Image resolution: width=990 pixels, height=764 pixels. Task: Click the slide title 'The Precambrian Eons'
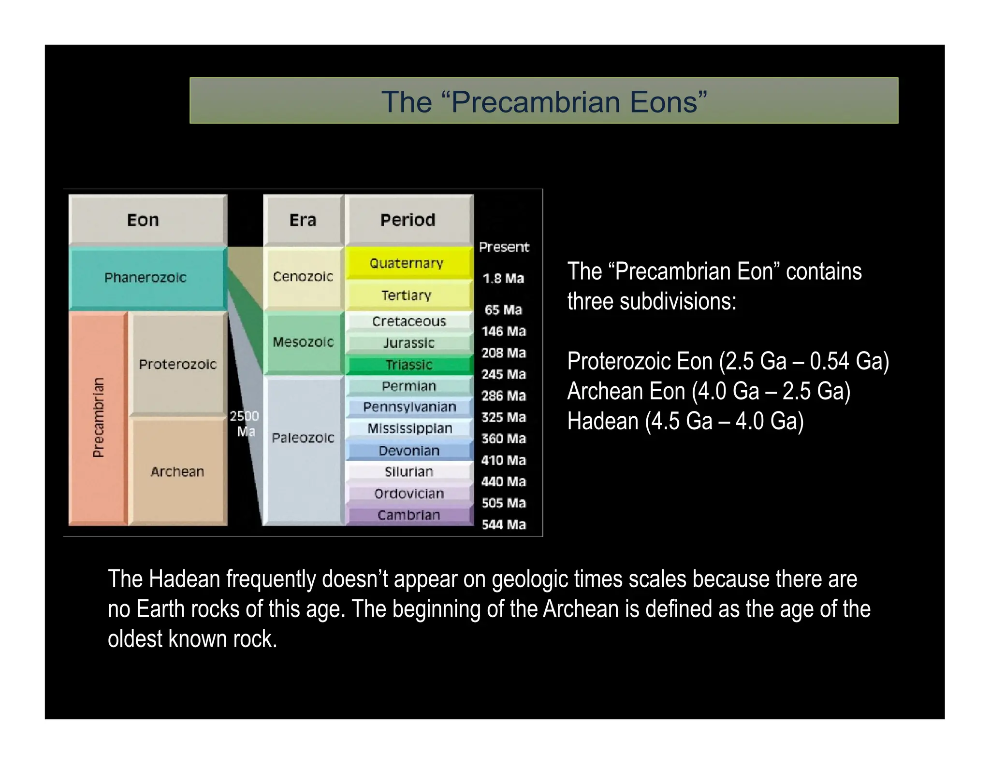544,101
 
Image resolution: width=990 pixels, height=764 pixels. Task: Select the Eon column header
143,220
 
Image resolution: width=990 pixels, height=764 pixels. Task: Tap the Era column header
303,220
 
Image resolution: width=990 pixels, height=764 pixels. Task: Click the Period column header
408,220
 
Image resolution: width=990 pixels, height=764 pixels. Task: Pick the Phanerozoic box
146,278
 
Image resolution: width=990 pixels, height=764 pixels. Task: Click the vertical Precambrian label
98,418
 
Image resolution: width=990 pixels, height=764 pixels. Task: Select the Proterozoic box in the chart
177,364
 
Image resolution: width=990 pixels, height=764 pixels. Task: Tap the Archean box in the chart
177,471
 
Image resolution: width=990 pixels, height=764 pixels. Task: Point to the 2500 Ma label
245,423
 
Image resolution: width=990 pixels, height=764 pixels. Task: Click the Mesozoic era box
303,342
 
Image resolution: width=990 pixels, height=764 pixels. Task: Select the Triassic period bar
409,365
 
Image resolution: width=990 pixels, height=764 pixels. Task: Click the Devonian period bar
409,451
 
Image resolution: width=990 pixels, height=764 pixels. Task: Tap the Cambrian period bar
409,515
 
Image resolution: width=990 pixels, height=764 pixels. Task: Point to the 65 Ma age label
503,310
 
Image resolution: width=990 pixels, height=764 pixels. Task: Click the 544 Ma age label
504,524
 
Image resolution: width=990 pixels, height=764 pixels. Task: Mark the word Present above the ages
504,247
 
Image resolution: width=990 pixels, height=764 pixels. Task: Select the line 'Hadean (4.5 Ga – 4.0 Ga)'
685,421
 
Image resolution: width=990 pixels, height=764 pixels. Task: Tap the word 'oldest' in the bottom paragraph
135,639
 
